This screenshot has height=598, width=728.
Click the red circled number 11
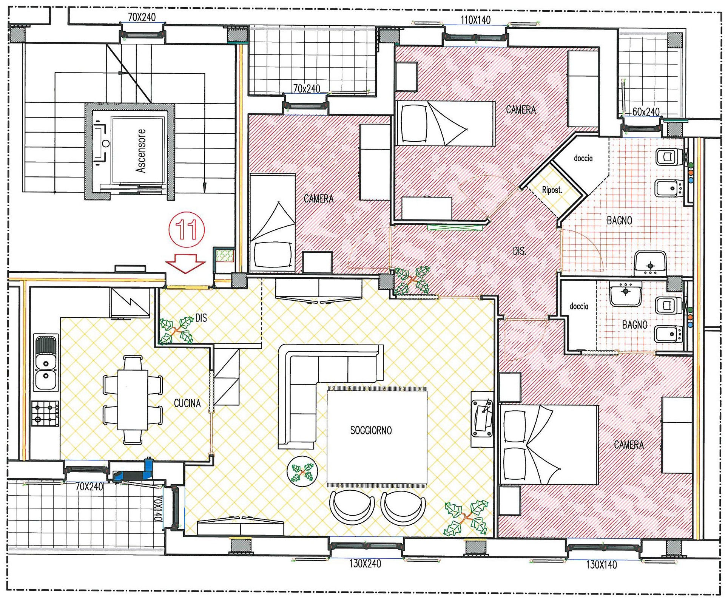(x=187, y=230)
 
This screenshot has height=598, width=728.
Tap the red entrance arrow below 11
(x=185, y=263)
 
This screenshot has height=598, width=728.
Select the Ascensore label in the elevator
(x=141, y=151)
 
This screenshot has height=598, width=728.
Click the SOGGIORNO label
(x=371, y=430)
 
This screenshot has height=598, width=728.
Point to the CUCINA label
(x=187, y=403)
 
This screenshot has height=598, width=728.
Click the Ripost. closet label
(x=552, y=190)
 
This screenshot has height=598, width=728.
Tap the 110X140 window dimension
(x=475, y=20)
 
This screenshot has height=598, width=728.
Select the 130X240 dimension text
(x=365, y=564)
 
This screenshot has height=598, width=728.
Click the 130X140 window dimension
(x=602, y=565)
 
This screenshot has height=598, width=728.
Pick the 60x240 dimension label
(x=646, y=112)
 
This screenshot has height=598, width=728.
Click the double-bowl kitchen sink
(x=46, y=363)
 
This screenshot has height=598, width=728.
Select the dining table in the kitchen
(x=133, y=400)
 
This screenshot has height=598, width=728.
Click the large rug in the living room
(x=377, y=437)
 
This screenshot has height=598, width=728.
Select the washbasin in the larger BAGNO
(x=650, y=263)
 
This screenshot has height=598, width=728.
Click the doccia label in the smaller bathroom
(x=578, y=306)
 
